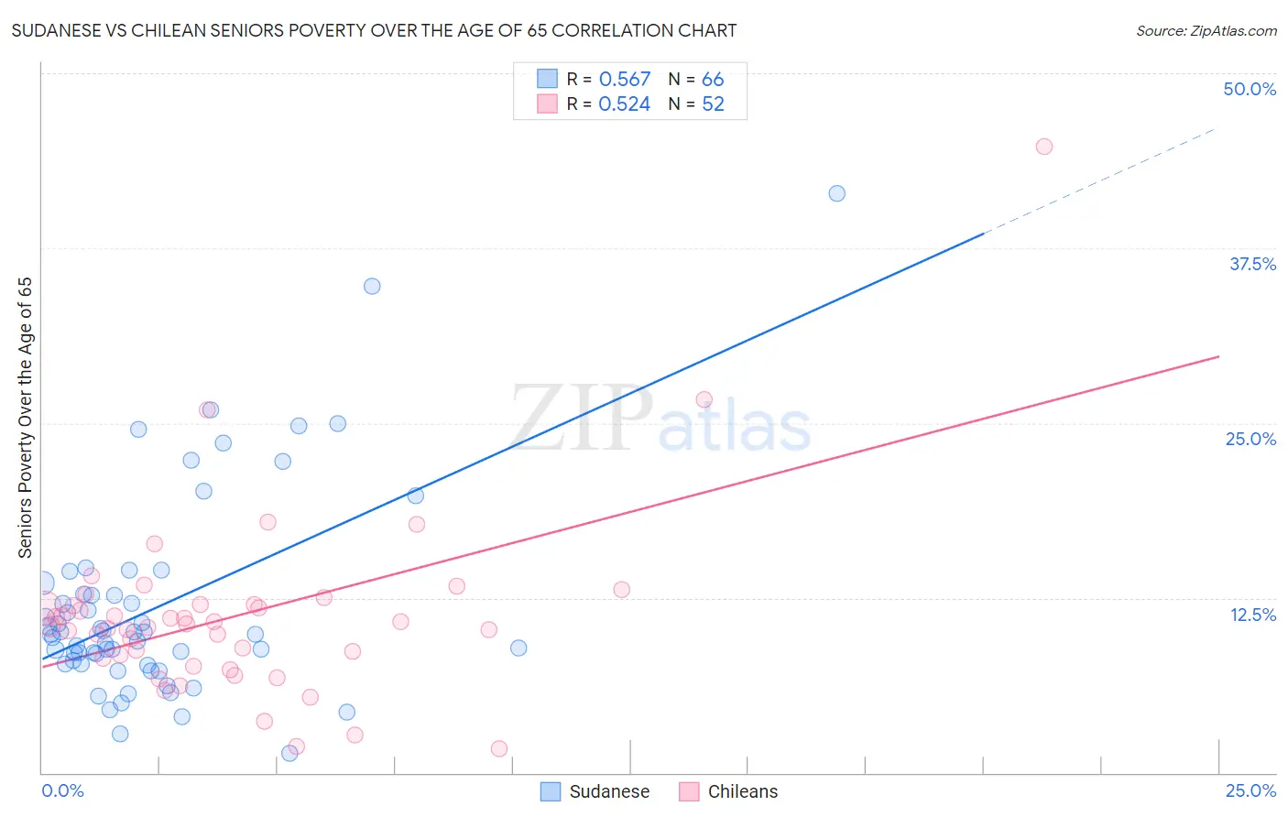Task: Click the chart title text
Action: click(374, 31)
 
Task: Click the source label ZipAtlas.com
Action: click(1206, 31)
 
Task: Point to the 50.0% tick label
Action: click(1249, 89)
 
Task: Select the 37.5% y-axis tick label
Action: click(1251, 264)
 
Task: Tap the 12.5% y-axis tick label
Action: click(1251, 615)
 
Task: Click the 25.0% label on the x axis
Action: click(1250, 790)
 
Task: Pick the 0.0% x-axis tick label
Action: click(62, 790)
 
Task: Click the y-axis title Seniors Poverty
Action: click(26, 418)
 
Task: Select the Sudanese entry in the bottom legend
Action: click(595, 791)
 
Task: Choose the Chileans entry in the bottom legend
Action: click(729, 791)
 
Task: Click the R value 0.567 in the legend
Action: click(624, 80)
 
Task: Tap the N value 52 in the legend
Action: click(713, 104)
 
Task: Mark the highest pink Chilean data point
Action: click(1043, 147)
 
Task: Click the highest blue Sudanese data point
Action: click(836, 193)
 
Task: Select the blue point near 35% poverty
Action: click(372, 286)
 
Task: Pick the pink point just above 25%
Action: click(704, 399)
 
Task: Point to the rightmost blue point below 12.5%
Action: click(518, 648)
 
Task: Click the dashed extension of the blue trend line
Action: click(1099, 180)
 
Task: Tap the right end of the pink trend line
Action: click(1217, 356)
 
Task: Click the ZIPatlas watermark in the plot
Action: click(660, 420)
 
